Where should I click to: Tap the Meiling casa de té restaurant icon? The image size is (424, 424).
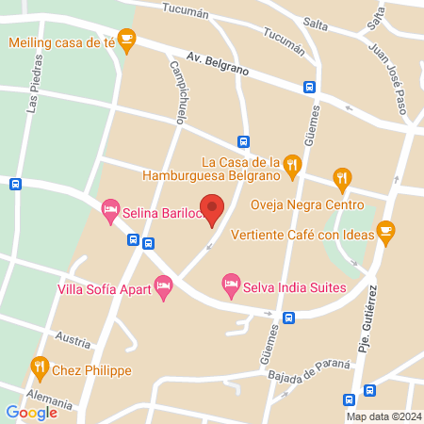click(127, 40)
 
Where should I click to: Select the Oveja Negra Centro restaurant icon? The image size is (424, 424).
click(342, 178)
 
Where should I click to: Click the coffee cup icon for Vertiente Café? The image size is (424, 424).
click(385, 230)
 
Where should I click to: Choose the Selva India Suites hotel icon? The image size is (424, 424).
click(230, 283)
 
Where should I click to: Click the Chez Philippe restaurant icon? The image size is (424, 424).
click(39, 366)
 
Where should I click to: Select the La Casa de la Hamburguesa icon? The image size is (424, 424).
click(293, 166)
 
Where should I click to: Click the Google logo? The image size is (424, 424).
click(31, 412)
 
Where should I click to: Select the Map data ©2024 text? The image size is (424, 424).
click(382, 416)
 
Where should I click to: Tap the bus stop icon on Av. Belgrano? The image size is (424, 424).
click(309, 87)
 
